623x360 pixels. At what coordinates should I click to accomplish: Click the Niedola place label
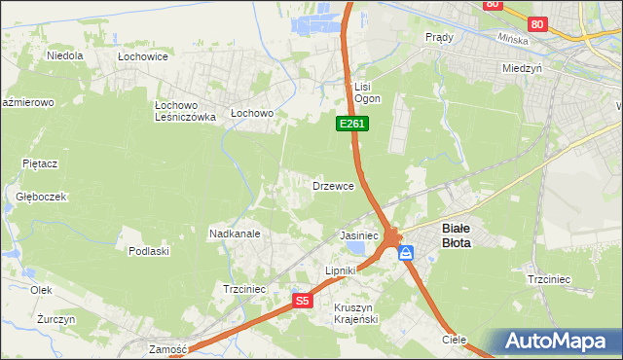pos(65,55)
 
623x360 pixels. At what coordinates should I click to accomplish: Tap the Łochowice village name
pos(143,56)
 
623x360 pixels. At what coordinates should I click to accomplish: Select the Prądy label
pos(440,37)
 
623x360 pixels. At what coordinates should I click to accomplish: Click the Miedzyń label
pos(522,69)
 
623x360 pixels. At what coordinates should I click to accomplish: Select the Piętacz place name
pos(42,163)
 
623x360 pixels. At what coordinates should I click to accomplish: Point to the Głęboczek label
pos(41,197)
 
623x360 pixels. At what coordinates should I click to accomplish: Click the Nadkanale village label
pos(234,234)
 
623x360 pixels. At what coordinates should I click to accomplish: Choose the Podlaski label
pos(149,250)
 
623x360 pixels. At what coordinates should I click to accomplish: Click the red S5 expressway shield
pos(303,302)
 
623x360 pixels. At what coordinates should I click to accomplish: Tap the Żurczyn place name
pos(43,319)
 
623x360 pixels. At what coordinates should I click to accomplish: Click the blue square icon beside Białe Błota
pos(406,253)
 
